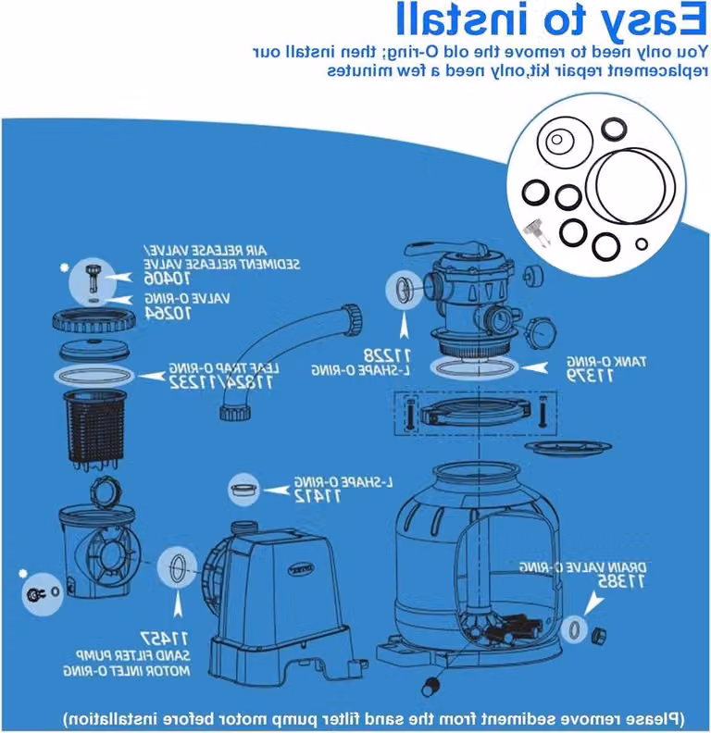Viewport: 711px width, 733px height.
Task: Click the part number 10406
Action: pos(167,280)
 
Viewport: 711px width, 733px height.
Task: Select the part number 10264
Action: pos(168,314)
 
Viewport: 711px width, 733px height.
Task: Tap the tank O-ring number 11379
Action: pos(591,376)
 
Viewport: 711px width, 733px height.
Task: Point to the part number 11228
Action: pos(387,355)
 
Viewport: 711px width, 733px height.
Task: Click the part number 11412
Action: pos(318,496)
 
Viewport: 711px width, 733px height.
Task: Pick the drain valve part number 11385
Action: pos(621,582)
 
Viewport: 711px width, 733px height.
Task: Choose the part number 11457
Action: pos(164,638)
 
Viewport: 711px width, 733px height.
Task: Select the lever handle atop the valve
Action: pos(444,248)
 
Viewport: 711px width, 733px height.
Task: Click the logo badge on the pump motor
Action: pos(301,568)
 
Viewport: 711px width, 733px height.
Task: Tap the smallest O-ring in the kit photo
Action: pos(642,244)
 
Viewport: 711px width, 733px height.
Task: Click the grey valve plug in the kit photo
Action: pos(536,232)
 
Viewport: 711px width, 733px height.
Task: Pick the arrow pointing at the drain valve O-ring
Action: pos(593,602)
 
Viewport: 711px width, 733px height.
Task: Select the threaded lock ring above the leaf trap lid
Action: pos(94,319)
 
